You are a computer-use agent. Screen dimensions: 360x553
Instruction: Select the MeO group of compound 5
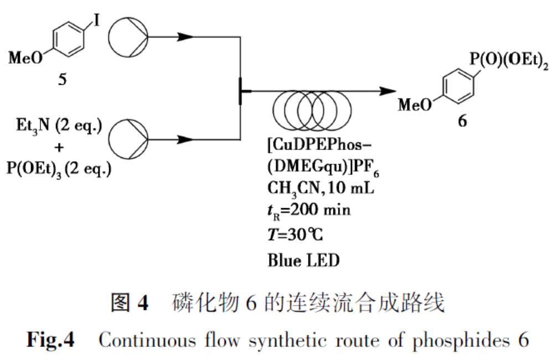[x=25, y=58]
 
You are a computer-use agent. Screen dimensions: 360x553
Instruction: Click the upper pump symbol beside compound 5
[x=127, y=38]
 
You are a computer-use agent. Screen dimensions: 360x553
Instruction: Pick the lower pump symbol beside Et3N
[x=127, y=138]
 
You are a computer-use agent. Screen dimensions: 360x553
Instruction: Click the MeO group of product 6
[x=415, y=104]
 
